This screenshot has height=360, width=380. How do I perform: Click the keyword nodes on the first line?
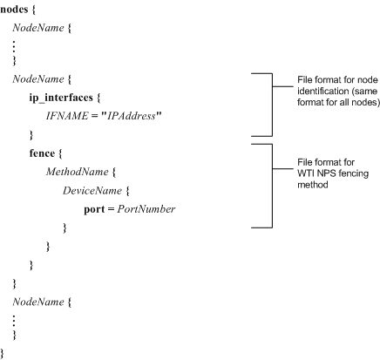click(14, 10)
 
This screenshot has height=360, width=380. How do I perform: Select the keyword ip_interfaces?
click(61, 98)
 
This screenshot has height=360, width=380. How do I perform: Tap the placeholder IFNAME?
click(67, 116)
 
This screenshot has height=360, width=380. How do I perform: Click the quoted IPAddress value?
click(131, 116)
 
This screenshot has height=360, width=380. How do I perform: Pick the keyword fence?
click(42, 153)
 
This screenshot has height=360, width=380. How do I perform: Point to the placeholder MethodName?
click(77, 172)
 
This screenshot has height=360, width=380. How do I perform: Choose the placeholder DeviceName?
click(92, 191)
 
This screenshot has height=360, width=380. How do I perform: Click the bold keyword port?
click(94, 209)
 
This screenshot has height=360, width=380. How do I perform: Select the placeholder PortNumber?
click(146, 209)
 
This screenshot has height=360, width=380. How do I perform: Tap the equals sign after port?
click(111, 209)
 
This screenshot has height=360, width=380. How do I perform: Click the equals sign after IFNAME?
click(94, 116)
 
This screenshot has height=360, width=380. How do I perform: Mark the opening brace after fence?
click(60, 153)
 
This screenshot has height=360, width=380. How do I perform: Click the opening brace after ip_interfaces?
click(98, 98)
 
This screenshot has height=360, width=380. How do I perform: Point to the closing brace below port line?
click(64, 228)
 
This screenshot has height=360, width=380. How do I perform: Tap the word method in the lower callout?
click(313, 185)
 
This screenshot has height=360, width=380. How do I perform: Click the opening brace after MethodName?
click(113, 172)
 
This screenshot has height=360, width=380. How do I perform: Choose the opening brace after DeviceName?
click(127, 191)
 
